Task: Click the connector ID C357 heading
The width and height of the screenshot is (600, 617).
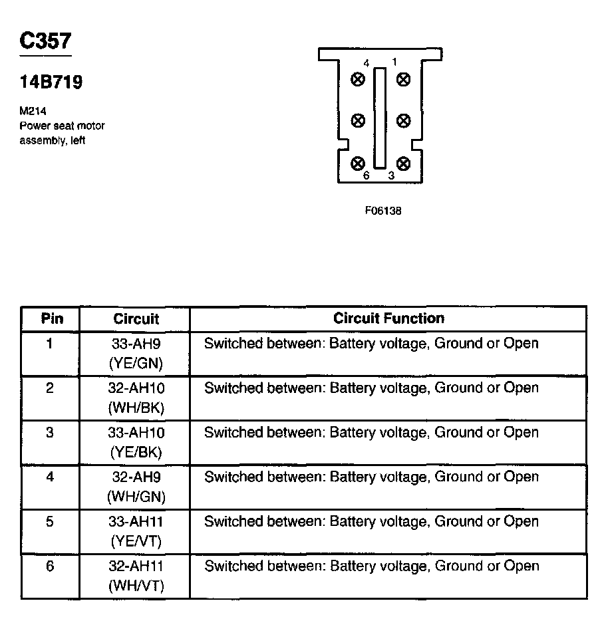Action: [x=45, y=42]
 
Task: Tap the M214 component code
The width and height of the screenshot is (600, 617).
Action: [x=32, y=112]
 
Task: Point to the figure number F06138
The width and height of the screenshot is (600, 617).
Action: [x=383, y=211]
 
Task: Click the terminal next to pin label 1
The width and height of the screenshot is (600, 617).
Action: [x=402, y=80]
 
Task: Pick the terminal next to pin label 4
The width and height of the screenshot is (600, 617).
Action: [x=359, y=80]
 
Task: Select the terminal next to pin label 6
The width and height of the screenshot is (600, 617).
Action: [x=359, y=163]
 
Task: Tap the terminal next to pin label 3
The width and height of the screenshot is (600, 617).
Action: [x=402, y=163]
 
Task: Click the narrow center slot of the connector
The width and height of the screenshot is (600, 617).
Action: [x=380, y=118]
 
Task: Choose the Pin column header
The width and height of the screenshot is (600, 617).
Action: [x=52, y=318]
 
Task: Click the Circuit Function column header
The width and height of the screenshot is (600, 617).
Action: [x=388, y=318]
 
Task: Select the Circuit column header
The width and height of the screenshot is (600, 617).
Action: [x=136, y=319]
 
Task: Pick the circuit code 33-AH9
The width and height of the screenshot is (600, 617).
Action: [x=136, y=344]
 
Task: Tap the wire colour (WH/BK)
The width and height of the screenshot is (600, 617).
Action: [x=136, y=408]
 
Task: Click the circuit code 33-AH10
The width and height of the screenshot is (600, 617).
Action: [x=136, y=433]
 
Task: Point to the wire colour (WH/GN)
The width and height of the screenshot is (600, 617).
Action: [x=136, y=497]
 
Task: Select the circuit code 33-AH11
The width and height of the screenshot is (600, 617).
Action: [x=136, y=522]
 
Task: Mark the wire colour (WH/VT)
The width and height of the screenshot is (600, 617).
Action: [x=136, y=586]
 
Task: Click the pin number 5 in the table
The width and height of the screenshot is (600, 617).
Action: [x=50, y=522]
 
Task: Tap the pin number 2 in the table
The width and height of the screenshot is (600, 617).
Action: [x=50, y=388]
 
